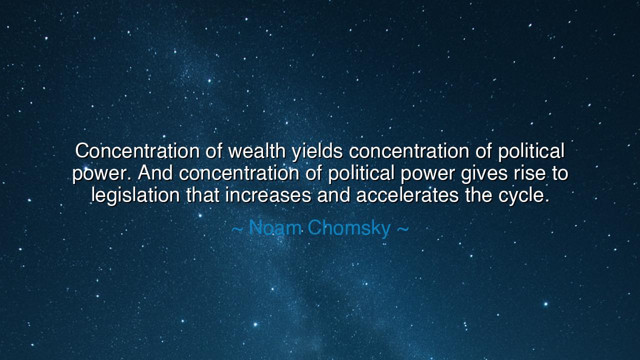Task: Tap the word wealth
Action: pyautogui.click(x=256, y=150)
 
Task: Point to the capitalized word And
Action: pyautogui.click(x=156, y=173)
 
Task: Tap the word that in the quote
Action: pyautogui.click(x=202, y=195)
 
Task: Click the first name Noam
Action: pyautogui.click(x=274, y=228)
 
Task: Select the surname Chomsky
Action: pyautogui.click(x=349, y=228)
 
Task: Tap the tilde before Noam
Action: pyautogui.click(x=237, y=229)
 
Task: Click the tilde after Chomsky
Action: pyautogui.click(x=402, y=229)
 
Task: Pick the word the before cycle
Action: pyautogui.click(x=478, y=195)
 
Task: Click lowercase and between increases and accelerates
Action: pyautogui.click(x=333, y=195)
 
